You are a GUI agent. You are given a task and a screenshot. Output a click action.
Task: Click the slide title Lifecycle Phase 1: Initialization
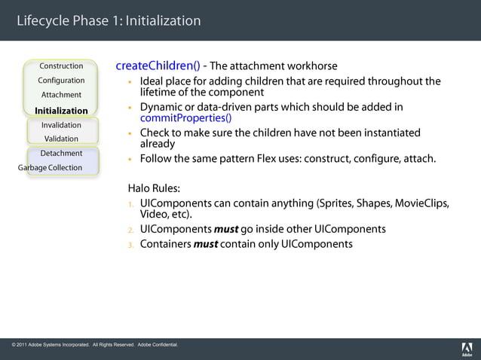[109, 20]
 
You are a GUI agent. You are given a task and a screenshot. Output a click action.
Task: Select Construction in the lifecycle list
[61, 66]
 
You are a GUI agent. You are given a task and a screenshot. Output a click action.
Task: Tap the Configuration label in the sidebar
[61, 81]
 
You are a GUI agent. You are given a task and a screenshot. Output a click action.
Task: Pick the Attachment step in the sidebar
[61, 95]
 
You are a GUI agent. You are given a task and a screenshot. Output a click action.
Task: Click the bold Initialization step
[61, 111]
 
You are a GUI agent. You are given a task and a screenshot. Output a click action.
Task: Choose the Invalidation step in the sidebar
[61, 125]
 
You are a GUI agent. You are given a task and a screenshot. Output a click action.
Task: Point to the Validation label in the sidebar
[61, 139]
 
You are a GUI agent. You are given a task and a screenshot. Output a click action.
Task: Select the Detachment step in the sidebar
[61, 154]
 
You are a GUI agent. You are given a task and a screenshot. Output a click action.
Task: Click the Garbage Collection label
[51, 167]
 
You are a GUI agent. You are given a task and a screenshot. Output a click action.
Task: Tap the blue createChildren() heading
[158, 66]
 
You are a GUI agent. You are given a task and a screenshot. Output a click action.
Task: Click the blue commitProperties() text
[185, 117]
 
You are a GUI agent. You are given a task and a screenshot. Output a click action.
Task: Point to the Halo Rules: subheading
[154, 188]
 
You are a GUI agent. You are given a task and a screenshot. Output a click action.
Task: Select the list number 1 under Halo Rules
[130, 204]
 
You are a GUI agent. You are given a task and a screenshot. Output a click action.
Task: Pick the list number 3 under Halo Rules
[130, 245]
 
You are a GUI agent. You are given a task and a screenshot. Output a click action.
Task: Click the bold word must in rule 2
[226, 229]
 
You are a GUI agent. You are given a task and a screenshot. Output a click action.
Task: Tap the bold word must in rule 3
[205, 244]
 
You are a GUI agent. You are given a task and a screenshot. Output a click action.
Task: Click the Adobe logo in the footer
[467, 349]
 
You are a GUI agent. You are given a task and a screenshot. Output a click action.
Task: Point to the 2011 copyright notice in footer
[95, 345]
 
